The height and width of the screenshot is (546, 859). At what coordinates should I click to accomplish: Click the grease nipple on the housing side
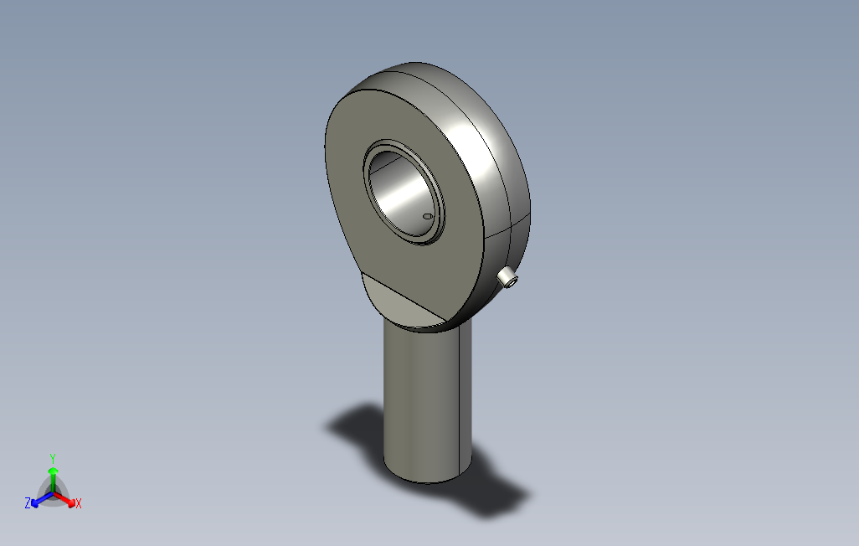pyautogui.click(x=507, y=278)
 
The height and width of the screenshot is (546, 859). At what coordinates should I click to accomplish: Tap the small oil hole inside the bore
pyautogui.click(x=428, y=216)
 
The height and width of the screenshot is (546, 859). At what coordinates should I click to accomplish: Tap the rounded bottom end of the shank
pyautogui.click(x=427, y=477)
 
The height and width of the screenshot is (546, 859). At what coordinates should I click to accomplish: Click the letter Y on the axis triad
pyautogui.click(x=53, y=458)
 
